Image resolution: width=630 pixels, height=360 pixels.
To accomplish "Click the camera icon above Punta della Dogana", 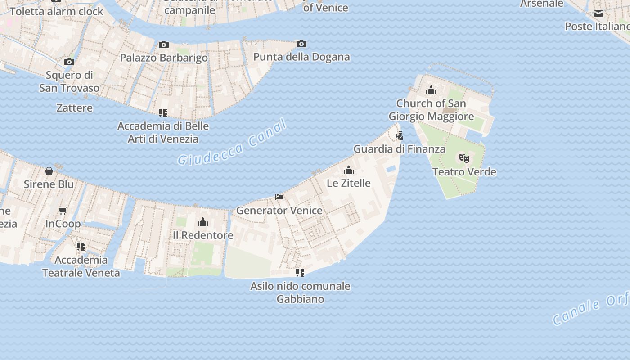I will pyautogui.click(x=301, y=44).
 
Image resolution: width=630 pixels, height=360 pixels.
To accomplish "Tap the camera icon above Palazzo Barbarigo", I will pyautogui.click(x=164, y=45).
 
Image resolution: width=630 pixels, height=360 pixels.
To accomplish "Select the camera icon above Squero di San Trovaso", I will pyautogui.click(x=69, y=62).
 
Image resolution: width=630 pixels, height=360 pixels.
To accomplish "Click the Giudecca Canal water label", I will pyautogui.click(x=232, y=143).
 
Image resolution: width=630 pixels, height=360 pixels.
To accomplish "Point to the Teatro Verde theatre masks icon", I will pyautogui.click(x=464, y=158).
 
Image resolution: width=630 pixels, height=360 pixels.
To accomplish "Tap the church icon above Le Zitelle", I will pyautogui.click(x=348, y=170).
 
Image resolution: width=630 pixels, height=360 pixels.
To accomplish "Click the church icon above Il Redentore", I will pyautogui.click(x=203, y=222).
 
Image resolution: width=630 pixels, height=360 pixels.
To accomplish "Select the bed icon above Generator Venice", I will pyautogui.click(x=279, y=197).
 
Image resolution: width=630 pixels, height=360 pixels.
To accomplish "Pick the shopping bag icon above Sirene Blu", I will pyautogui.click(x=49, y=171).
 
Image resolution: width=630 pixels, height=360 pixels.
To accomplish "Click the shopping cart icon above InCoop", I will pyautogui.click(x=63, y=211).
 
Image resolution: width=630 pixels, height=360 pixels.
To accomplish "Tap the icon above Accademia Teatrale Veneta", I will pyautogui.click(x=81, y=247).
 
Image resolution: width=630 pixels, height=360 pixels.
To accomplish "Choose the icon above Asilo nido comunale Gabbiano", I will pyautogui.click(x=300, y=273).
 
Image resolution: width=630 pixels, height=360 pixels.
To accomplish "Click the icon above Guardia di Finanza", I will pyautogui.click(x=399, y=135).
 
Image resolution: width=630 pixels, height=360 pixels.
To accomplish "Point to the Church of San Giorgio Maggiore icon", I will pyautogui.click(x=431, y=90).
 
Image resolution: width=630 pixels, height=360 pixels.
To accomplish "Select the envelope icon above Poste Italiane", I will pyautogui.click(x=598, y=13).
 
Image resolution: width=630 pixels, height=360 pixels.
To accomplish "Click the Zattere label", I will pyautogui.click(x=75, y=108).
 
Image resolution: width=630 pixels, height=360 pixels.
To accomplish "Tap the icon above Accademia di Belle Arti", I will pyautogui.click(x=163, y=112).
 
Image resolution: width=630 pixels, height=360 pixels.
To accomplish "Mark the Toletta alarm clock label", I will pyautogui.click(x=57, y=11).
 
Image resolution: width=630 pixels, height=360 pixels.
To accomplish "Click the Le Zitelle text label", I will pyautogui.click(x=349, y=183).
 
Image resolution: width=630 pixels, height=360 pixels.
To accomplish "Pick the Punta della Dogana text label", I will pyautogui.click(x=301, y=57).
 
